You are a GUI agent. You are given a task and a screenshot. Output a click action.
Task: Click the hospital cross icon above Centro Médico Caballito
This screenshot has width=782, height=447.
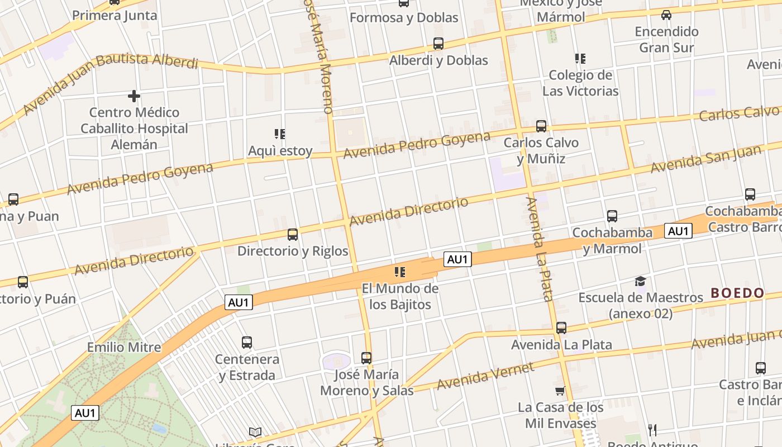point(134,96)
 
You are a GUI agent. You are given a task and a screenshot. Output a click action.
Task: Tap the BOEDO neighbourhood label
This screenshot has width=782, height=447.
point(737,293)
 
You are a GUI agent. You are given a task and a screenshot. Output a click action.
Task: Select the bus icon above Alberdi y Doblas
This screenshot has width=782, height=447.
point(438,44)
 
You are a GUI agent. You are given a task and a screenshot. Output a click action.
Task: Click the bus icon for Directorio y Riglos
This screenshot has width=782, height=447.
point(293,235)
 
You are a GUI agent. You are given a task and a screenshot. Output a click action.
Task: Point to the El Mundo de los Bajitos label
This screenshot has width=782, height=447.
point(400,297)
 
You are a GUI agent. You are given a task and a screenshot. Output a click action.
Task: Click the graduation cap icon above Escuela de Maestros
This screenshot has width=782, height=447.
point(640,282)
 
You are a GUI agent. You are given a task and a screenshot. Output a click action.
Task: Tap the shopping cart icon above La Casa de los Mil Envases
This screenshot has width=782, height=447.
point(560,391)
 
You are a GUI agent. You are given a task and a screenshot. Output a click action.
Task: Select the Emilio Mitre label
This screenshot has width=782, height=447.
point(124,347)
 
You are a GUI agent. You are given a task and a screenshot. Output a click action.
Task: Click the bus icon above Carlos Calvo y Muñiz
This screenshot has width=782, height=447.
point(541,126)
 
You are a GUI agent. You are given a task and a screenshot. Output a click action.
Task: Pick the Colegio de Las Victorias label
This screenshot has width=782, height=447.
point(580,83)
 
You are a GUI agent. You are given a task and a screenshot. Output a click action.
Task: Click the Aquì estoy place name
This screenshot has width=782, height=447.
point(280,151)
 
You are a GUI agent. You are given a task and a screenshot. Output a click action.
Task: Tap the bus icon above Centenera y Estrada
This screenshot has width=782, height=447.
point(247,343)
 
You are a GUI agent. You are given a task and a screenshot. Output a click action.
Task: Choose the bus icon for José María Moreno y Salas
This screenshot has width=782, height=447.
point(366,358)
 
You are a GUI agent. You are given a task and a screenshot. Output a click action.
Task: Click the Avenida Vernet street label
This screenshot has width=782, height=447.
point(485,376)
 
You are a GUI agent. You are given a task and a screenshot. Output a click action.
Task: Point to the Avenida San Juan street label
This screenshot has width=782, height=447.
point(705,159)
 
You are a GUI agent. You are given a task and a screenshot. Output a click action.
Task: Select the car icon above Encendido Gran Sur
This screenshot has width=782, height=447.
point(666,15)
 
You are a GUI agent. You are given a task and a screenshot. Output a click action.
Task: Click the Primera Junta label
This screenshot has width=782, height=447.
point(115,15)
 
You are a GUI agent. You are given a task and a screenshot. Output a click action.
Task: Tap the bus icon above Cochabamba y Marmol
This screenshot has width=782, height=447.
point(612,216)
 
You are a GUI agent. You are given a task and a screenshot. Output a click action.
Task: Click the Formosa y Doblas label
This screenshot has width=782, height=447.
point(404,17)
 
